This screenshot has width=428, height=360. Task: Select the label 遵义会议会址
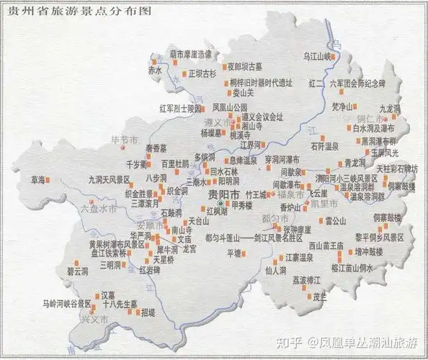pos(263,116)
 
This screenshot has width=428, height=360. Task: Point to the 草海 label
pos(37,179)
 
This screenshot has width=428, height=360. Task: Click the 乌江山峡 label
pos(317,55)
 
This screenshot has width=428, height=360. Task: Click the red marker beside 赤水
pos(166,71)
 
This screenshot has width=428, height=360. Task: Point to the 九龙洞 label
pos(390,108)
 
